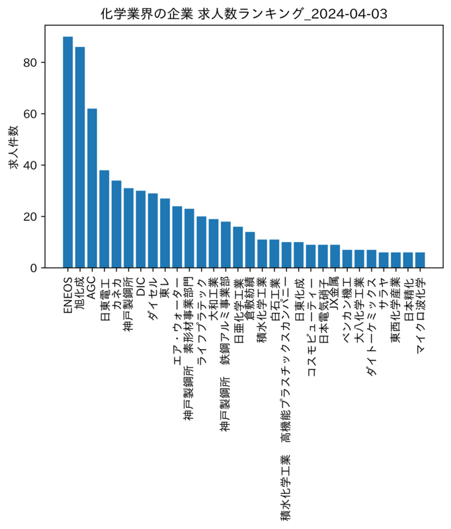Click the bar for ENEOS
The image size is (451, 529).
pos(68,152)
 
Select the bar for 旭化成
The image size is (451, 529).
pos(80,157)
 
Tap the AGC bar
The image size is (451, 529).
pos(92,188)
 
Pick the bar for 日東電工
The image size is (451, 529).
pos(104,219)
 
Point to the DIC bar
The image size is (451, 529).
pos(141,229)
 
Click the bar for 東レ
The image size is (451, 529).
pos(165,233)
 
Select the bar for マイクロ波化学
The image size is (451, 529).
pos(420,260)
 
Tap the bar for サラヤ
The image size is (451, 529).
pos(384,260)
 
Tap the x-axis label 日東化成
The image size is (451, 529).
pos(299,299)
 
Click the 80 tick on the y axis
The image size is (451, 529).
pos(30,62)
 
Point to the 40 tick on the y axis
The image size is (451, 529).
pos(30,165)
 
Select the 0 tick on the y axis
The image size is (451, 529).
pos(33,268)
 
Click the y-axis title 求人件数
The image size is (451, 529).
pos(13,147)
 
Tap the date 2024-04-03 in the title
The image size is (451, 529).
pos(348,14)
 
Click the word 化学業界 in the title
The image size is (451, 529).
pos(122,14)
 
